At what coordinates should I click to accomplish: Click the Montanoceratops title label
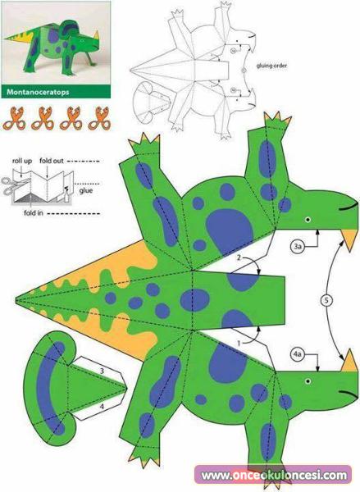[38, 92]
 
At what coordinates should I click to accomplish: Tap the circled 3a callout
[297, 246]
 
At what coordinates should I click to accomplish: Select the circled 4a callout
[297, 354]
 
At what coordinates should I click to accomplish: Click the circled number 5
[326, 301]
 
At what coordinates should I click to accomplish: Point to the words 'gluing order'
[271, 66]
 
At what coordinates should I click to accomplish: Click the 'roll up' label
[22, 161]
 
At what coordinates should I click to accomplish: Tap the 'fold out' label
[51, 161]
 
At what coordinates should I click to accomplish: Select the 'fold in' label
[34, 213]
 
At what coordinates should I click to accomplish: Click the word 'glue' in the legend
[85, 190]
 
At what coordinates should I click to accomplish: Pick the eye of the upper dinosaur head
[308, 220]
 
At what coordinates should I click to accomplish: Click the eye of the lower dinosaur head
[308, 381]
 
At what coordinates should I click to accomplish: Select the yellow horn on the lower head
[349, 362]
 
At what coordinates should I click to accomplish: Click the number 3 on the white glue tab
[102, 371]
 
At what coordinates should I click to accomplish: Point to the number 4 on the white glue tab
[102, 407]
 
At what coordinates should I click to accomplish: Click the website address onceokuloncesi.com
[274, 476]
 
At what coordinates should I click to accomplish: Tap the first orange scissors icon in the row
[14, 118]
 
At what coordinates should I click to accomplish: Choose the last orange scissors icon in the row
[99, 118]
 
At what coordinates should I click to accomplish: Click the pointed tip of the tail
[16, 299]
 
